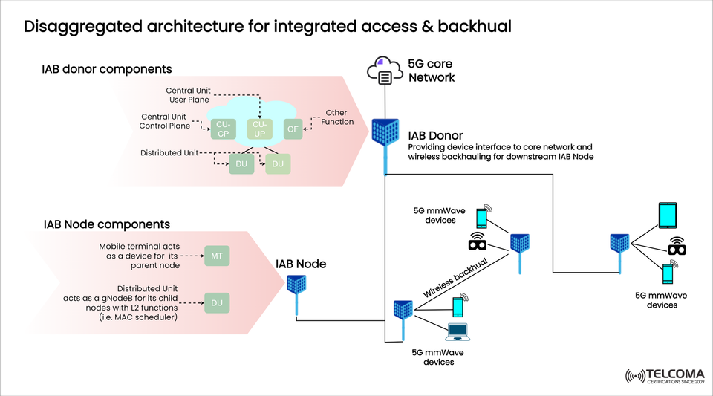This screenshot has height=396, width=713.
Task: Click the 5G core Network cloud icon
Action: (x=385, y=72)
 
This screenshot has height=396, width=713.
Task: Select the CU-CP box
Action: (x=224, y=129)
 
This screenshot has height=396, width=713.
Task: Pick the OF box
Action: (x=292, y=129)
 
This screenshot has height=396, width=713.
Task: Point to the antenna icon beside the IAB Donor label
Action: (x=385, y=134)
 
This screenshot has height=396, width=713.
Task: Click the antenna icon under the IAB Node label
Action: (x=297, y=286)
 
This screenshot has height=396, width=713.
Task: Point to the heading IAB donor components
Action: (x=107, y=69)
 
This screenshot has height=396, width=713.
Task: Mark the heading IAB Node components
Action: (x=107, y=224)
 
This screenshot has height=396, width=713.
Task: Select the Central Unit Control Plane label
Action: (x=165, y=121)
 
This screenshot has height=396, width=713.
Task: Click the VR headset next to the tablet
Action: (x=676, y=246)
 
